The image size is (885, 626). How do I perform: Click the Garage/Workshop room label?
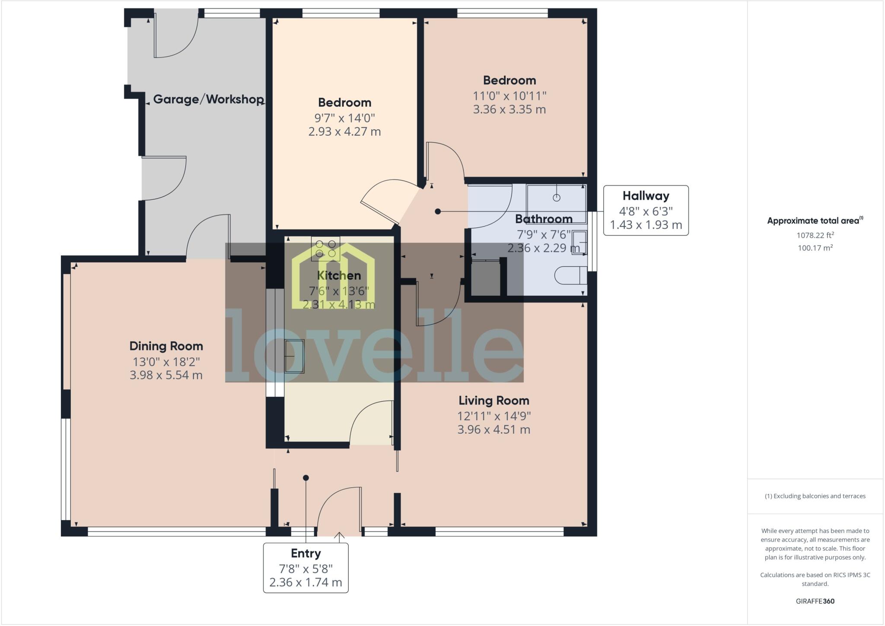(208, 99)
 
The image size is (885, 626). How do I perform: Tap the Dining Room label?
(166, 346)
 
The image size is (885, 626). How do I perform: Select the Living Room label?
(493, 400)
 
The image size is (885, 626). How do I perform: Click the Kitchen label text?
(339, 275)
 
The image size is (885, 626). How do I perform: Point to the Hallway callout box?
(646, 211)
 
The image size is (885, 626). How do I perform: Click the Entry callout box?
(306, 568)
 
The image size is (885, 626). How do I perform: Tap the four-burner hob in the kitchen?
(325, 249)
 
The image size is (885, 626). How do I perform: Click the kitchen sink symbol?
(295, 356)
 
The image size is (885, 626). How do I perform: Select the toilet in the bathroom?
(570, 275)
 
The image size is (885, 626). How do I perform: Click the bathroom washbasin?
(579, 242)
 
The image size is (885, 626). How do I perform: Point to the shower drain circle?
(557, 198)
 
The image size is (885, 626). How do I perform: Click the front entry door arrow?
(339, 537)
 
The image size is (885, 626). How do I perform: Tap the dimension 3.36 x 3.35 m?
(509, 109)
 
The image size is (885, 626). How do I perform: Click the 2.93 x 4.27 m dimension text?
(344, 131)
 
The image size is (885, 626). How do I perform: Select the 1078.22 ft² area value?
(815, 235)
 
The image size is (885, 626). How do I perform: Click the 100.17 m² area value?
(815, 248)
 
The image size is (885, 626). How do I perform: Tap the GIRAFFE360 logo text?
(815, 601)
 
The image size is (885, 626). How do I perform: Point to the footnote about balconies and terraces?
(815, 496)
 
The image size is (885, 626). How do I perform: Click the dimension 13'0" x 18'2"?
(166, 361)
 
